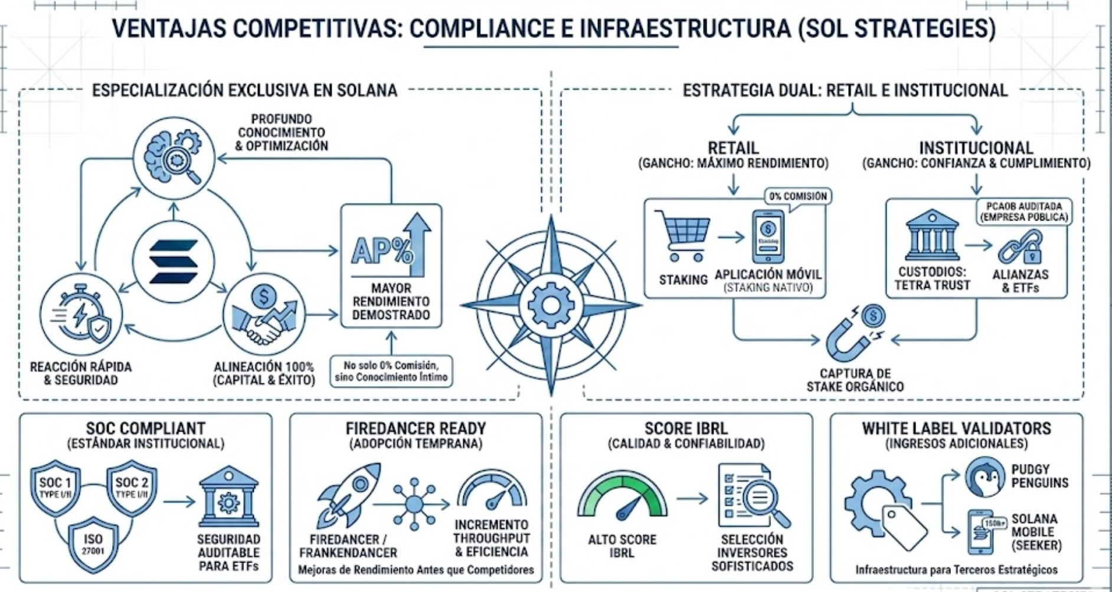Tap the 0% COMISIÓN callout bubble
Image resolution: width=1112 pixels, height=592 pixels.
pyautogui.click(x=797, y=196)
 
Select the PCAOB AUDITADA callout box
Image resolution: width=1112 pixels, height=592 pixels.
pyautogui.click(x=1023, y=212)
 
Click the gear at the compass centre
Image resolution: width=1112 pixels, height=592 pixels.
pyautogui.click(x=550, y=305)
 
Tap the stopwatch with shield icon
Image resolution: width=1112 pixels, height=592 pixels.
pyautogui.click(x=81, y=315)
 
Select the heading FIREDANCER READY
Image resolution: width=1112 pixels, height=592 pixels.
pyautogui.click(x=416, y=428)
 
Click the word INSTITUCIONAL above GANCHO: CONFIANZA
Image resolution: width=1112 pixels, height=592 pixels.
pyautogui.click(x=976, y=147)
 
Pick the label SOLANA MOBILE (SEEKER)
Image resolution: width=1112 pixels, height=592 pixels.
pyautogui.click(x=1036, y=532)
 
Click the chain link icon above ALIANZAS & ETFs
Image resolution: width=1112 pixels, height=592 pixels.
pyautogui.click(x=1020, y=246)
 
